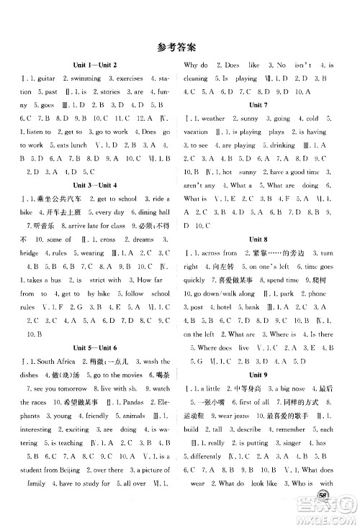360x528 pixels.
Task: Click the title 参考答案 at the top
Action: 179,49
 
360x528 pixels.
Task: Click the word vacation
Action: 197,132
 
